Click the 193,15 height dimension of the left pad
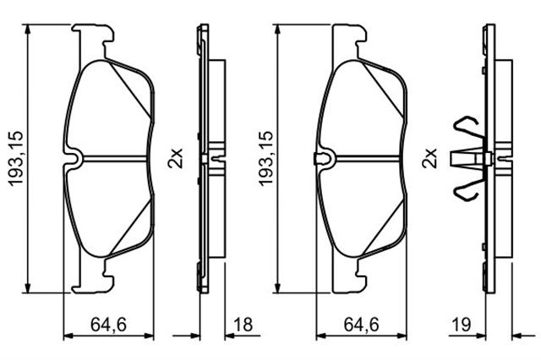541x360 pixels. pos(16,159)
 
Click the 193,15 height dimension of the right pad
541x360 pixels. pos(266,159)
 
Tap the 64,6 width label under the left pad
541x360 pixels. pos(109,325)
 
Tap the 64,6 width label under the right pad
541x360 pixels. pos(361,325)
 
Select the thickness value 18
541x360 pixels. pos(243,325)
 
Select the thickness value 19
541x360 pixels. pos(462,325)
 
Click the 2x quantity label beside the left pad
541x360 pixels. pos(175,159)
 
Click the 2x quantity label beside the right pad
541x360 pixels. pos(429,159)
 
